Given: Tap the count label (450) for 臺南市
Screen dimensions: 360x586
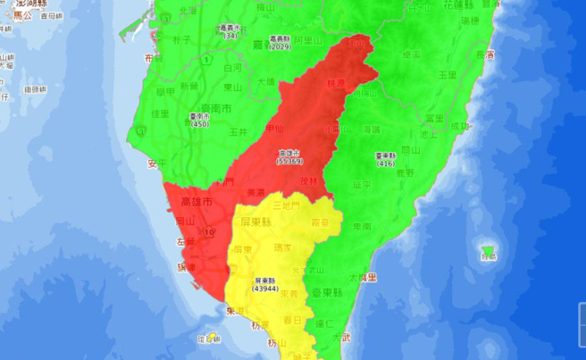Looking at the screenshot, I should (x=200, y=125).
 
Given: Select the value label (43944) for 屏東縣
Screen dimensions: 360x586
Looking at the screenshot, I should (x=265, y=289).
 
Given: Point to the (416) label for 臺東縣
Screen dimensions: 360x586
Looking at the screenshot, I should (x=386, y=163).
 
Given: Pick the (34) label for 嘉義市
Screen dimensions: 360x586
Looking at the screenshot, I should (x=230, y=37).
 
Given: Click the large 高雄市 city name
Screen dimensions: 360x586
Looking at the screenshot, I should (x=197, y=203).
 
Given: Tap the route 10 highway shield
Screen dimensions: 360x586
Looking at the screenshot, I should (x=207, y=231).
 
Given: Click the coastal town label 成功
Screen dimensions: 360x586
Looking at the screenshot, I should (x=460, y=128).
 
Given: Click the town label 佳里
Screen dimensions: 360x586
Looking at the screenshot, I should (x=161, y=113).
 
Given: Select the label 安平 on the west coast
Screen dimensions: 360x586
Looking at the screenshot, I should (x=156, y=163).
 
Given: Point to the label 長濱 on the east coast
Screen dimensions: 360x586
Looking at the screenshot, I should (x=485, y=54).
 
